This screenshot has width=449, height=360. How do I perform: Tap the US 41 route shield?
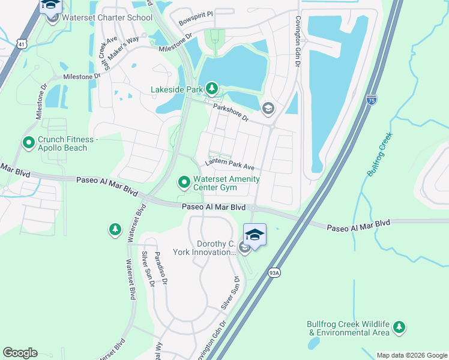tap(22, 44)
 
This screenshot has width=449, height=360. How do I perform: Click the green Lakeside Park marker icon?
tap(211, 90)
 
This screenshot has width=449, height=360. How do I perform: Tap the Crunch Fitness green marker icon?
tap(28, 143)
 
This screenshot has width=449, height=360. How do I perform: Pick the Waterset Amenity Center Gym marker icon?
tap(184, 181)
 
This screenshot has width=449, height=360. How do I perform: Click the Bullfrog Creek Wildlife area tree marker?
tap(399, 328)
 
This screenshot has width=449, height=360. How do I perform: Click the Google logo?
tap(20, 353)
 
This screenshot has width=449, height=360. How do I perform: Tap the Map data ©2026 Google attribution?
tap(411, 355)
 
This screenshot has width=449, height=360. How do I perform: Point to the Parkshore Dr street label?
tap(231, 112)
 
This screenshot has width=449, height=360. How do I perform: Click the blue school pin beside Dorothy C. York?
tap(255, 235)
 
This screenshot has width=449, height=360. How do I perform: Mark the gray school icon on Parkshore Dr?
tap(268, 108)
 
